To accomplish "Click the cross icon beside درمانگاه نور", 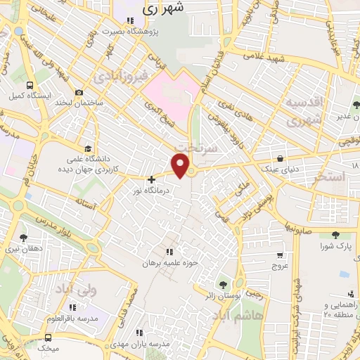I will [x=151, y=179].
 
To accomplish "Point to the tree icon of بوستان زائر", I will [x=223, y=285].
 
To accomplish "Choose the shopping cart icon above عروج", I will [x=280, y=256].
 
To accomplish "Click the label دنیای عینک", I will [x=280, y=169].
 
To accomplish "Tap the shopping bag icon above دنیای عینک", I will [x=281, y=158].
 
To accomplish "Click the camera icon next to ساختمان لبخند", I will [x=79, y=93].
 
